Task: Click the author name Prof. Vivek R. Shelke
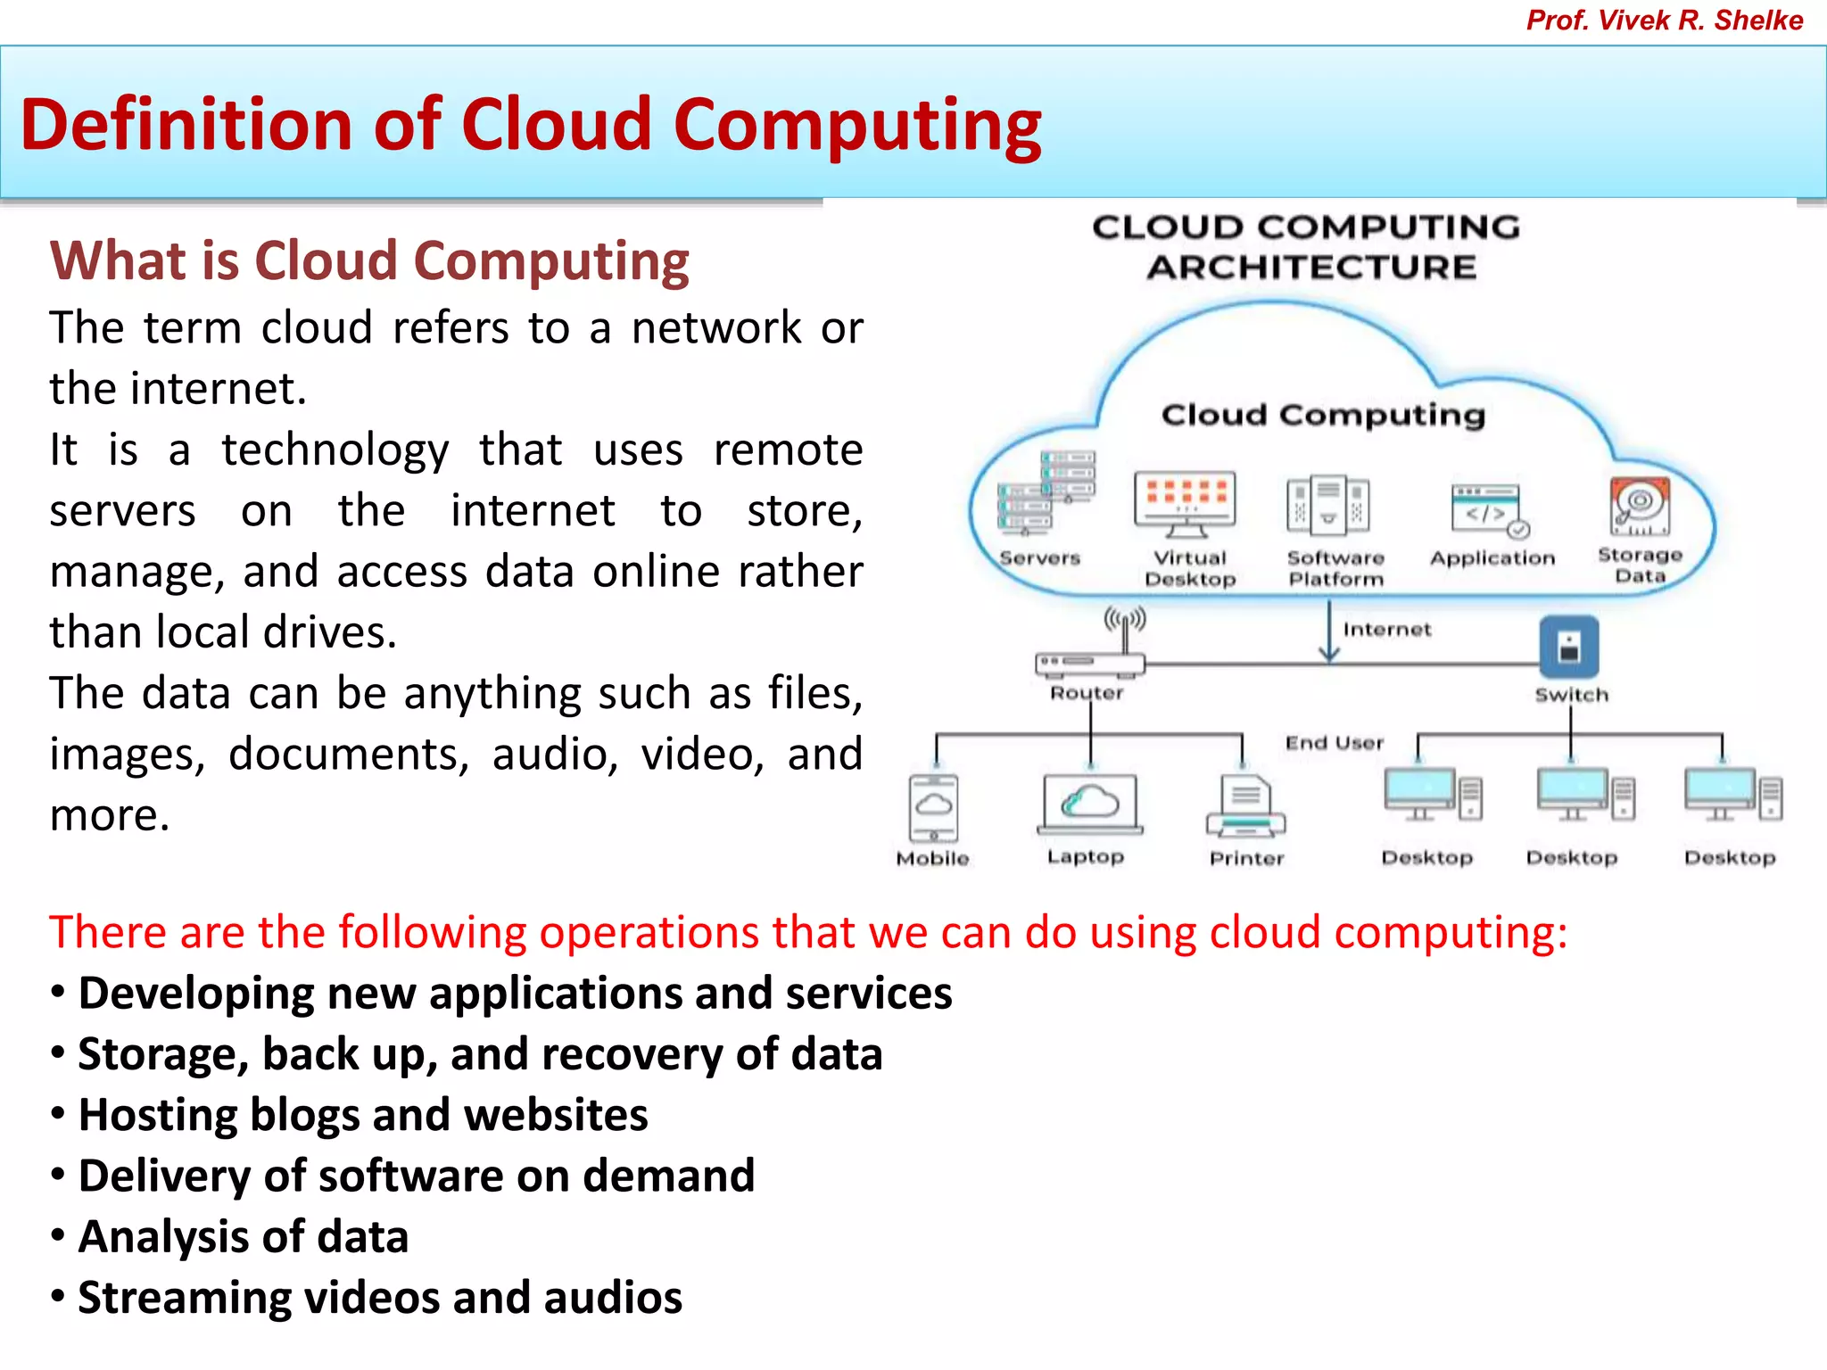click(x=1664, y=21)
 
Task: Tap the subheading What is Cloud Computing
click(x=369, y=260)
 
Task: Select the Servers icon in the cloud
click(x=1046, y=492)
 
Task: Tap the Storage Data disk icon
click(x=1640, y=506)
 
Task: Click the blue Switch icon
click(x=1569, y=647)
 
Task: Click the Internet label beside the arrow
click(x=1386, y=630)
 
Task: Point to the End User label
click(x=1334, y=743)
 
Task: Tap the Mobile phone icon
click(x=933, y=807)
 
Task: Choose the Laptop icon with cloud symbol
click(x=1089, y=804)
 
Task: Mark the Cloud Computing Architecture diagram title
click(x=1307, y=247)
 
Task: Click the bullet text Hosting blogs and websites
click(x=363, y=1115)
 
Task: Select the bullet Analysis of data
click(x=244, y=1237)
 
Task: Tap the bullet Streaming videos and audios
click(x=380, y=1298)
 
